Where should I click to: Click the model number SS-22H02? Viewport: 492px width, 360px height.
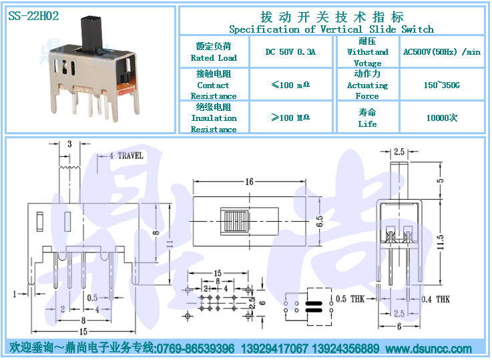pos(33,15)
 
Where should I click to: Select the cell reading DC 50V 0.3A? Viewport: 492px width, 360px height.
pos(290,52)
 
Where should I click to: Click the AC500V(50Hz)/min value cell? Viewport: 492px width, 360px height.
pos(442,52)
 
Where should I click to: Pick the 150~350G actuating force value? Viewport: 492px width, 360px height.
pos(442,85)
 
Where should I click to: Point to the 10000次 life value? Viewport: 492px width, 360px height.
pos(442,118)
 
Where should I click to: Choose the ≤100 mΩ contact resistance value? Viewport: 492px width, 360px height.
pos(290,85)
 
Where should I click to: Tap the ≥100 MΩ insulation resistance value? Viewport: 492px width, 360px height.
pos(290,118)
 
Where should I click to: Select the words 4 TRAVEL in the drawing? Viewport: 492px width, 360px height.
pos(126,156)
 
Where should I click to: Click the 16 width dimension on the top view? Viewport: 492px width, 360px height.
pos(250,182)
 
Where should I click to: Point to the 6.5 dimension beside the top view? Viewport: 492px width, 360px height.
pos(319,221)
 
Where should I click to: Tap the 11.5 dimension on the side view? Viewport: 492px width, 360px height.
pos(440,242)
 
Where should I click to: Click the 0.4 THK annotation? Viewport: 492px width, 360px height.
pos(435,299)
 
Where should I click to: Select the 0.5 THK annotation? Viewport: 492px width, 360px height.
pos(350,299)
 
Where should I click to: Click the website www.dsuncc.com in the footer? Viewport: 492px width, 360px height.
pos(429,349)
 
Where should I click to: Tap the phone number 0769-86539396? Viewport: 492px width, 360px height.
pos(195,349)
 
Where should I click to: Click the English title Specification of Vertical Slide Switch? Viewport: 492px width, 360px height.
pos(331,29)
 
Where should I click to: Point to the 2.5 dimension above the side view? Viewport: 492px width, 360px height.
pos(399,152)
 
